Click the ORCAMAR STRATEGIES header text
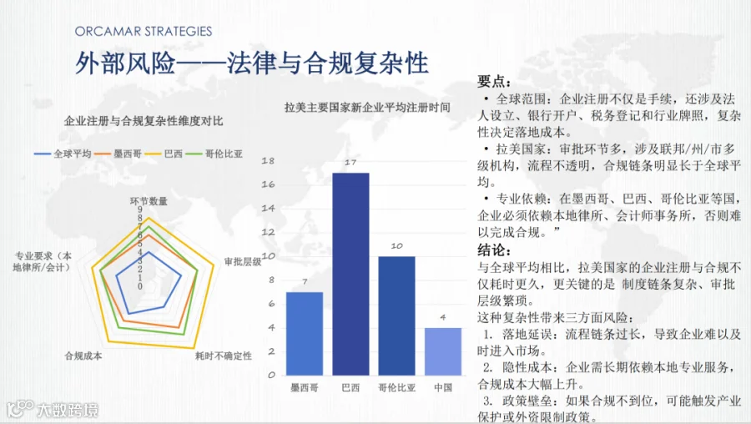click(x=144, y=32)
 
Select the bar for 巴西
click(x=350, y=274)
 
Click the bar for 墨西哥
click(x=305, y=334)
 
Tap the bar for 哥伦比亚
click(x=396, y=315)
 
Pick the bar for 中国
click(x=443, y=351)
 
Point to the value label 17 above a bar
click(x=350, y=163)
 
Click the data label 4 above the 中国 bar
click(x=443, y=317)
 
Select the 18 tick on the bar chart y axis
click(x=268, y=160)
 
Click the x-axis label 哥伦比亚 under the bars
click(x=396, y=387)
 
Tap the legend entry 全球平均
click(x=63, y=154)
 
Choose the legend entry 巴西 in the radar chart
click(x=164, y=154)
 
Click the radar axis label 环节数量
click(x=149, y=201)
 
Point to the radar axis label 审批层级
click(x=243, y=261)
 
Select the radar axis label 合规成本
click(x=83, y=356)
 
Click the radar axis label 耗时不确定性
click(x=223, y=356)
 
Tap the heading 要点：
click(x=494, y=82)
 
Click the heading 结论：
click(x=494, y=250)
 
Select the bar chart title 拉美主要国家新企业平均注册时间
click(x=367, y=108)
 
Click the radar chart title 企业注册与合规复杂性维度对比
click(x=144, y=121)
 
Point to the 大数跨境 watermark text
click(x=68, y=410)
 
